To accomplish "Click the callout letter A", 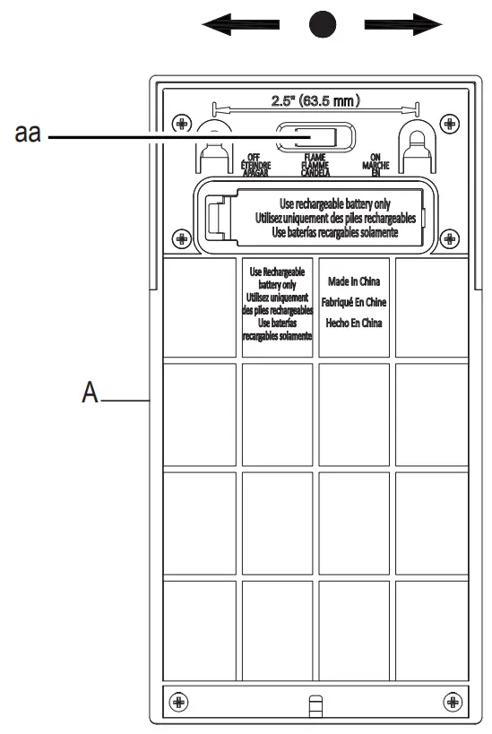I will tap(90, 394).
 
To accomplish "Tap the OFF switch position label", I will tap(255, 165).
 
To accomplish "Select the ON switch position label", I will tap(375, 165).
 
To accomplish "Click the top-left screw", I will tap(182, 123).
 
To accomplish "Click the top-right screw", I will tap(449, 123).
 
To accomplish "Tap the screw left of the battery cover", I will tap(182, 237).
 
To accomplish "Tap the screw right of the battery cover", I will tap(449, 237).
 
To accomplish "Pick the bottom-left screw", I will tap(177, 700).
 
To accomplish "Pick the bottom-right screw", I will tap(452, 700).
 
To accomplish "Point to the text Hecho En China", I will tap(355, 324).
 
